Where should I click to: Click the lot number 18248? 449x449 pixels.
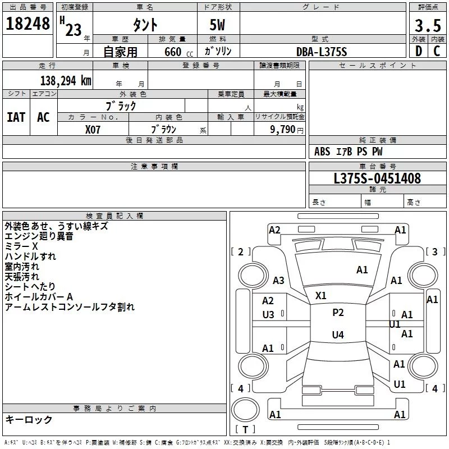point(28,24)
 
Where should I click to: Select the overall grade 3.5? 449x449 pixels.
point(428,25)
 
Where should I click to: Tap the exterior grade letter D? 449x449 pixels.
point(419,51)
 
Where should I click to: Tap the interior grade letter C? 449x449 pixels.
point(437,51)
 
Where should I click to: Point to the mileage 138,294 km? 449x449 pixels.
point(66,81)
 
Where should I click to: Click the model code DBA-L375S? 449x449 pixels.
point(322,52)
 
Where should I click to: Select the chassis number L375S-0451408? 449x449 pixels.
point(377,178)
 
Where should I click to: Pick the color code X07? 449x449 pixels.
point(93,130)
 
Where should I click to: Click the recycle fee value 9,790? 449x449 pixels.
point(282,129)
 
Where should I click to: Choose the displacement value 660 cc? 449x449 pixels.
point(178,52)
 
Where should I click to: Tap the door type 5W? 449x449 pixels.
point(217,25)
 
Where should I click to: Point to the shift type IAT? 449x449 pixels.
point(16,117)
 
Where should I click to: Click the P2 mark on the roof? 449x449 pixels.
point(338,313)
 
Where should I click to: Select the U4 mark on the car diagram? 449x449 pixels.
point(338,335)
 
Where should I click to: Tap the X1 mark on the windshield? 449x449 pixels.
point(320,296)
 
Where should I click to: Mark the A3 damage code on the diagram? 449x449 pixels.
point(278,280)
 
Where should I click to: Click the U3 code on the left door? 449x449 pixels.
point(268,315)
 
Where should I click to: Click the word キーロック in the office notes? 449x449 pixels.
point(29,420)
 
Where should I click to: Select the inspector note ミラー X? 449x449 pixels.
point(21,246)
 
